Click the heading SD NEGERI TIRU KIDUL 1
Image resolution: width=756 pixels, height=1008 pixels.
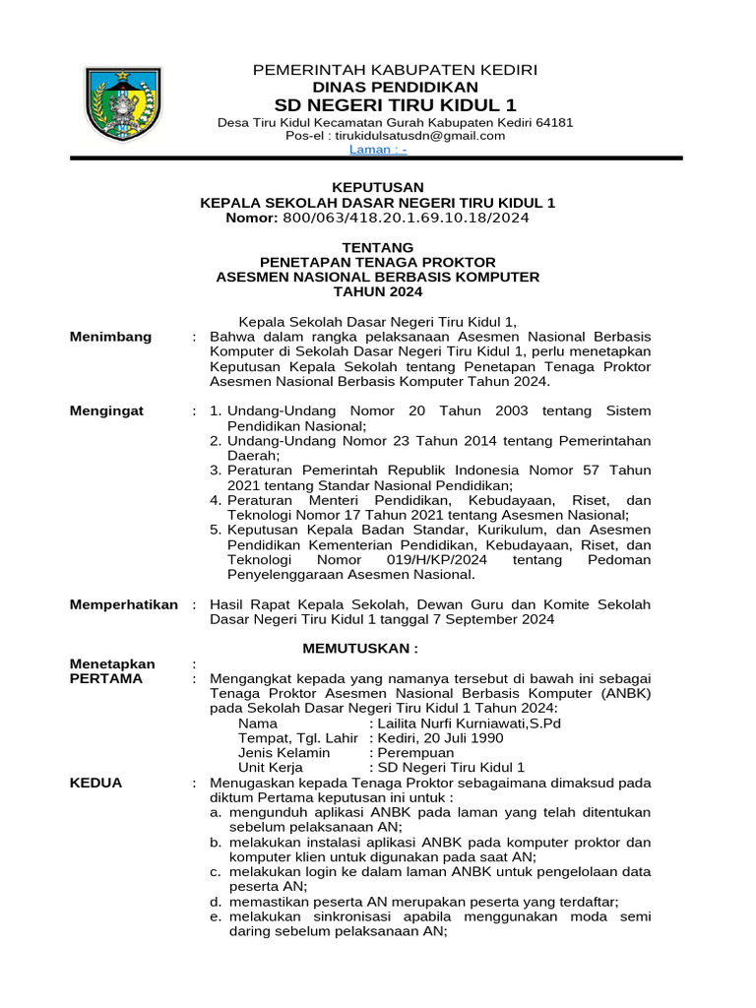click(x=395, y=105)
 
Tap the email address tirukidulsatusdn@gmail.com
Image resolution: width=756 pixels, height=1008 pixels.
click(x=426, y=136)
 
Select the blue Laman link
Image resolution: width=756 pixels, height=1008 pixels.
click(x=378, y=150)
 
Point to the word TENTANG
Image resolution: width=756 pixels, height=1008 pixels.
click(x=378, y=247)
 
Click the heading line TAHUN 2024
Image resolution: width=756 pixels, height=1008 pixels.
click(x=378, y=292)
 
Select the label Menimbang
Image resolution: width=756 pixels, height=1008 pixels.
click(x=111, y=337)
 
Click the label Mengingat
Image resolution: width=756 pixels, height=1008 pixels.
click(x=107, y=410)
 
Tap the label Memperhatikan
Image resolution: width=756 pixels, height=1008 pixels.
click(x=124, y=603)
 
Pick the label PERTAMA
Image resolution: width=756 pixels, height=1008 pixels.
click(x=106, y=678)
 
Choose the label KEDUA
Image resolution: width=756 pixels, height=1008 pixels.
click(x=96, y=783)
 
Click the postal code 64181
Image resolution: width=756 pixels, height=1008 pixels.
click(x=553, y=122)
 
